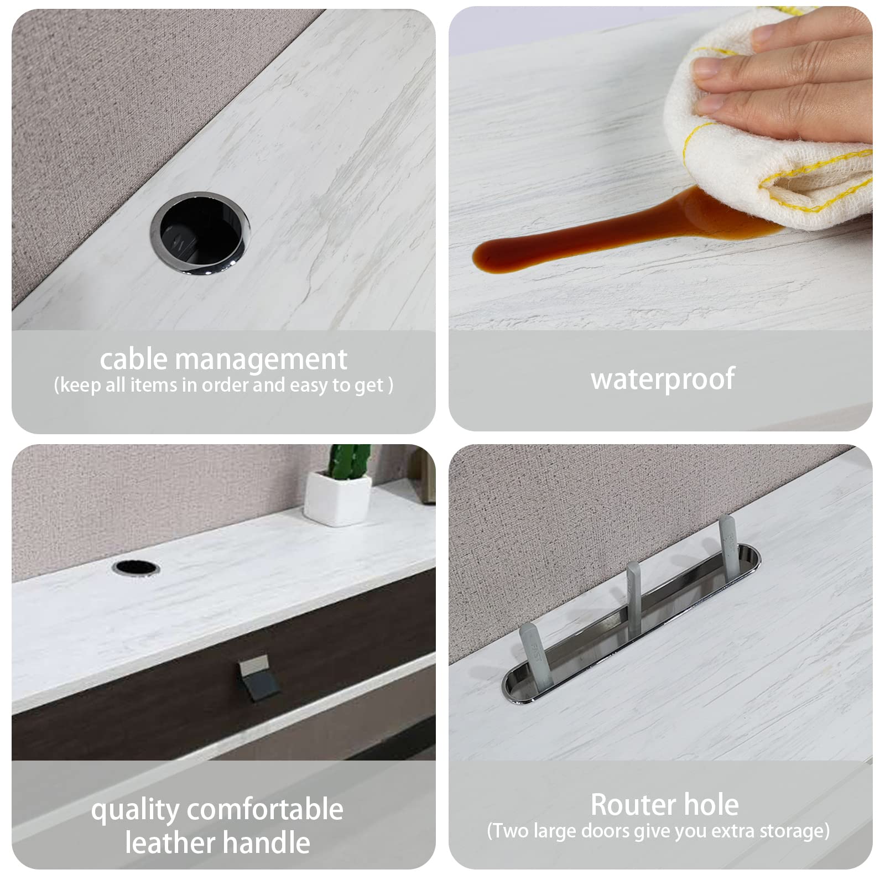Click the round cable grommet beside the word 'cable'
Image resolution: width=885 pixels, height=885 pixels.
[200, 232]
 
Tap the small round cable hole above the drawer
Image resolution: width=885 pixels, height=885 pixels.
[136, 568]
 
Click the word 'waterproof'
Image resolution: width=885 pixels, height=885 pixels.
[663, 379]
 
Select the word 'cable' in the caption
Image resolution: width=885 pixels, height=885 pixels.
[133, 359]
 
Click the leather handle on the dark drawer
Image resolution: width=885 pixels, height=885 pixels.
[258, 678]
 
